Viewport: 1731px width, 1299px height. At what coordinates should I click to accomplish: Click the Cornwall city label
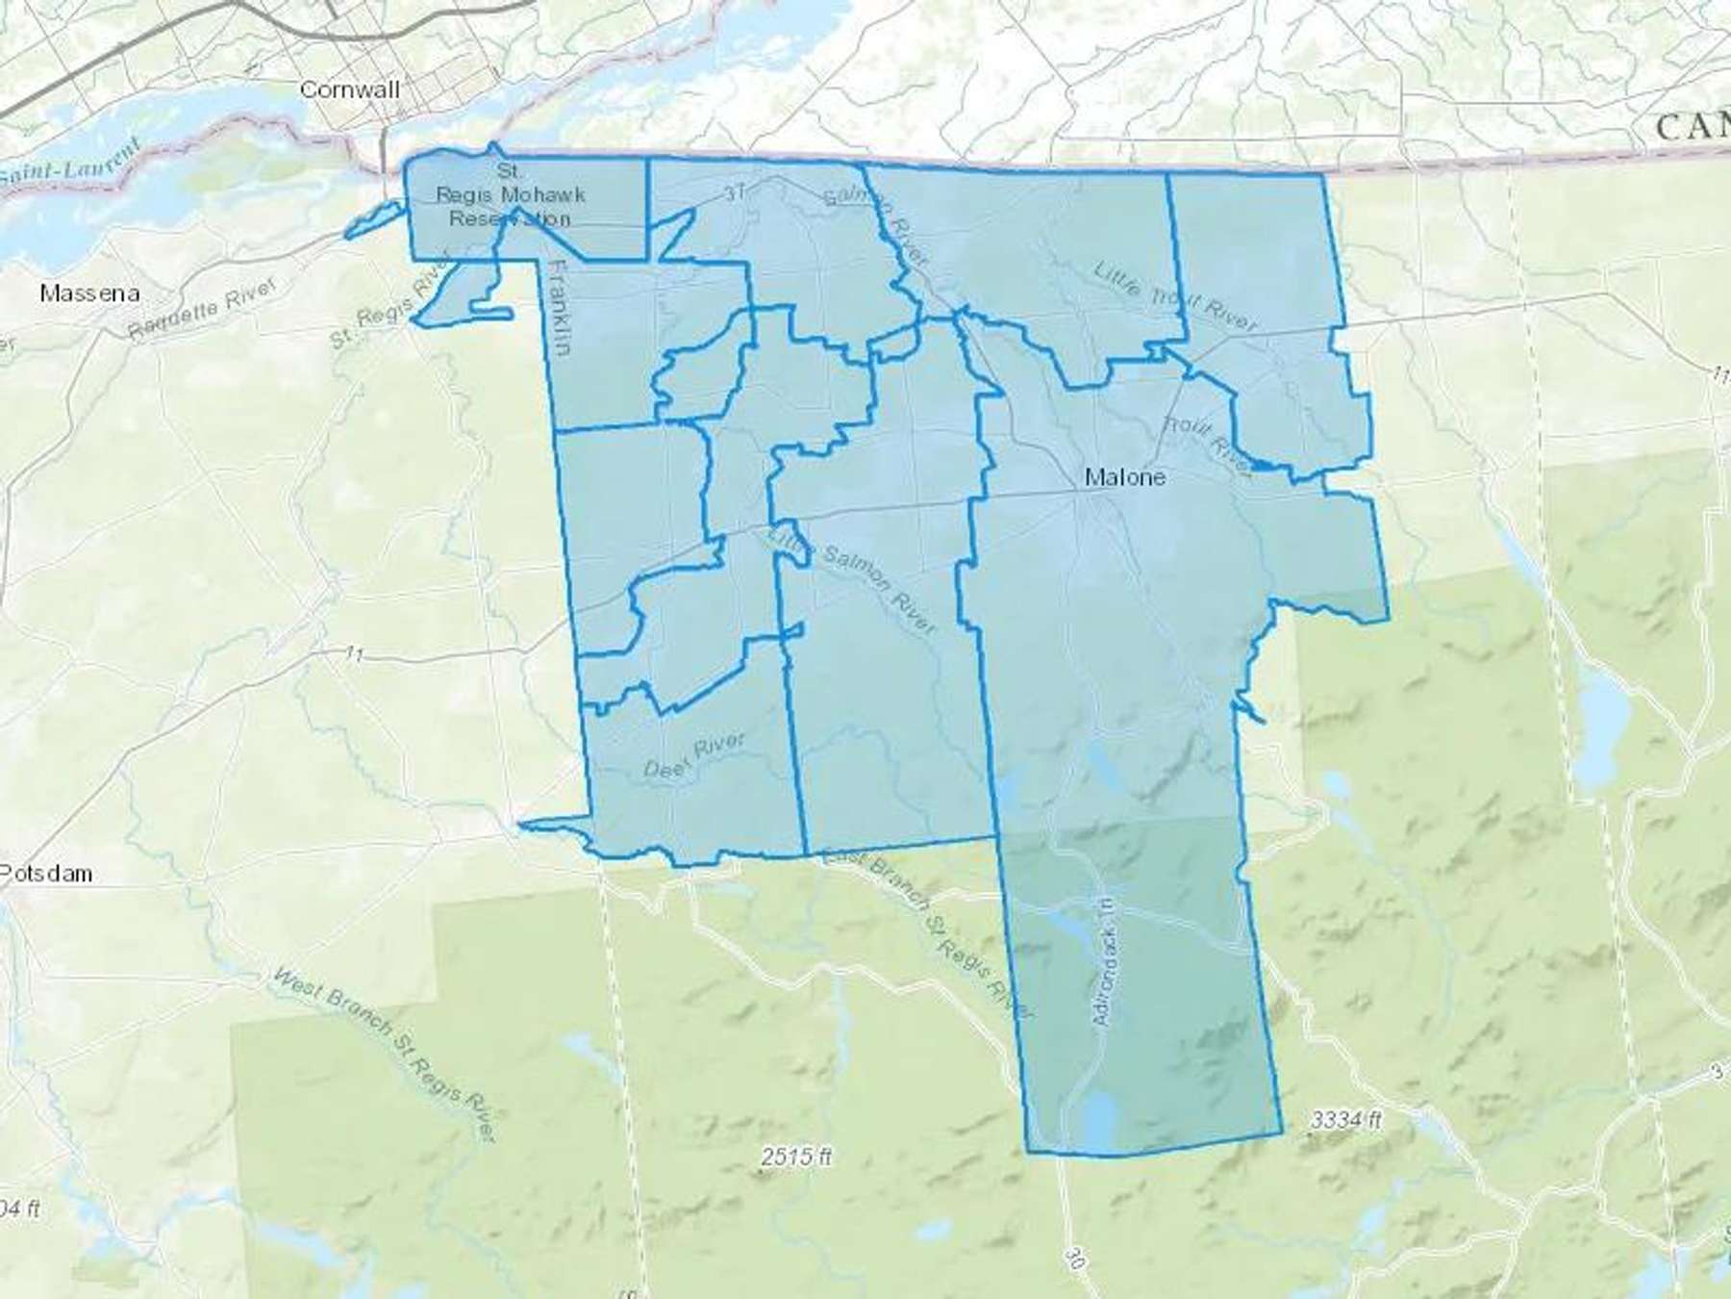coord(349,89)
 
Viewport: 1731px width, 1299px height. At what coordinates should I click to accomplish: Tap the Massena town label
coord(89,293)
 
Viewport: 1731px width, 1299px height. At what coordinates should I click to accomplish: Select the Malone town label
coord(1124,476)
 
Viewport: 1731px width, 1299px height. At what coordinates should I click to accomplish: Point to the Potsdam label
coord(46,874)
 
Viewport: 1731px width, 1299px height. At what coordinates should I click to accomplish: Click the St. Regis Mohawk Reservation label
coord(510,195)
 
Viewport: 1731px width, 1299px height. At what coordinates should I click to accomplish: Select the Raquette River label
coord(201,309)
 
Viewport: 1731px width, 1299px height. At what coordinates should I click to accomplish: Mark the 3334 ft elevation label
coord(1345,1120)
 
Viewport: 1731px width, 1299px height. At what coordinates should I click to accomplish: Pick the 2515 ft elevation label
coord(795,1157)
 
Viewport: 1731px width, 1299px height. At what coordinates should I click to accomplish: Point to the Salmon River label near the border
coord(877,227)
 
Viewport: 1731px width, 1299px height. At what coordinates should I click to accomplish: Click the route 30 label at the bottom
coord(1076,1255)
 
